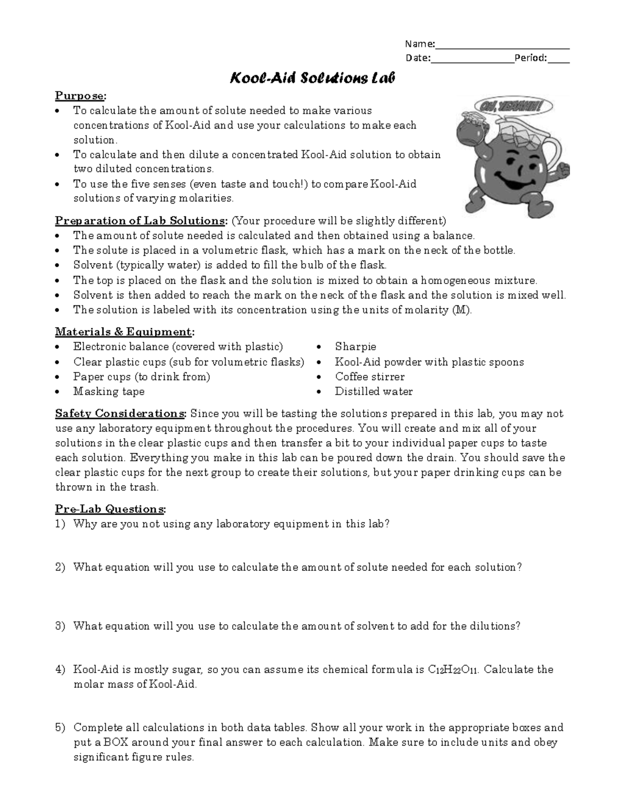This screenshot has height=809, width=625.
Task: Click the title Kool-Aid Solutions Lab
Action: point(312,78)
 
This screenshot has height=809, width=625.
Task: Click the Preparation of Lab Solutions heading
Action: point(141,220)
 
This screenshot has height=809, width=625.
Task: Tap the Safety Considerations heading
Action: point(120,414)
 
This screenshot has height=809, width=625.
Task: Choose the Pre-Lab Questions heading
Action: point(110,509)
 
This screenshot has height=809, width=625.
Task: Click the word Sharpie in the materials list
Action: point(355,347)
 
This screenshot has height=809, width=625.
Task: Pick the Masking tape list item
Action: point(109,391)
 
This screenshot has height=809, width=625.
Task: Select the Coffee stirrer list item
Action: point(369,377)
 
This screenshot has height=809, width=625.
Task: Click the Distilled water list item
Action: point(373,391)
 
